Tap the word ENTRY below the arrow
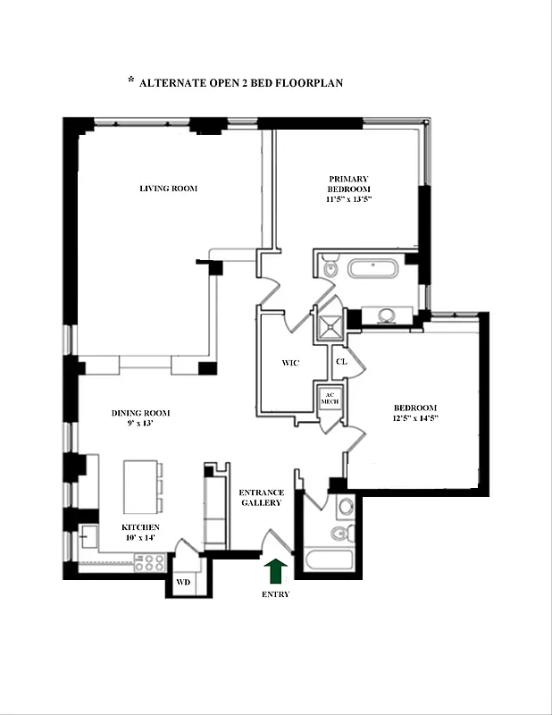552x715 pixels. tap(276, 593)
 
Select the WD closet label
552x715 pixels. tap(183, 582)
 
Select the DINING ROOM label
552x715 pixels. tap(140, 413)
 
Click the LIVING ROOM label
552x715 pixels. tap(168, 189)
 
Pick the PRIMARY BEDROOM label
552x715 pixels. tap(348, 184)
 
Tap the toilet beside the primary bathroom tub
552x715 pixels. tap(330, 266)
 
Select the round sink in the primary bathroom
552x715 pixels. tap(388, 315)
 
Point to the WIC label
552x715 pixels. tap(289, 363)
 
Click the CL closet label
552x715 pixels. tap(340, 362)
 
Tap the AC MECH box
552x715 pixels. tap(327, 398)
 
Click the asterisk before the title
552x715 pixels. tap(130, 81)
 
